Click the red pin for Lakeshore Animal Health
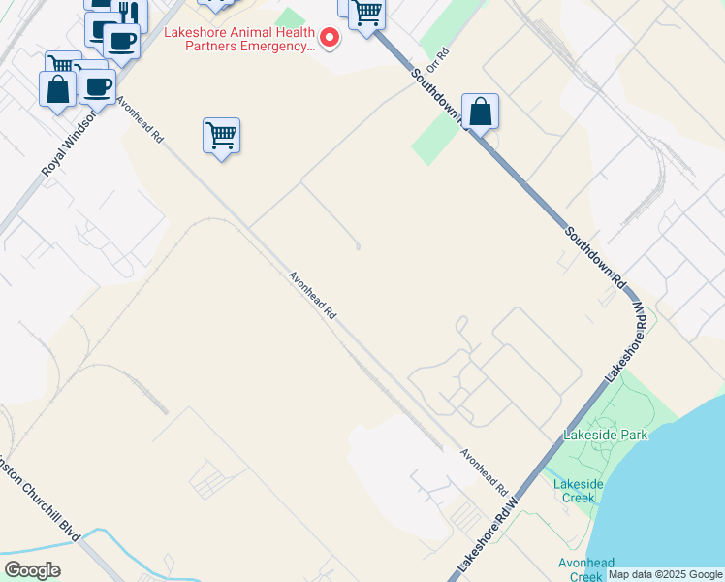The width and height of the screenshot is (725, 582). pos(330,38)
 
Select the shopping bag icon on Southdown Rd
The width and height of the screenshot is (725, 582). pos(480,112)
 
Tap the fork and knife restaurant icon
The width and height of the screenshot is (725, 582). pos(128,14)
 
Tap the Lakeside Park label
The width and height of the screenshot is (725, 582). pos(608,436)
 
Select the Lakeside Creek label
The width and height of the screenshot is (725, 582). pos(578,491)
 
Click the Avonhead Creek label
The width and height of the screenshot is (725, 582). pos(586,569)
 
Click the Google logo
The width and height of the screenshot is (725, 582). pos(32,570)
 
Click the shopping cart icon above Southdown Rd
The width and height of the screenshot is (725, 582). pos(366,13)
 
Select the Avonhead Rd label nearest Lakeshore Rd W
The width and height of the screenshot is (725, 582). pos(484,469)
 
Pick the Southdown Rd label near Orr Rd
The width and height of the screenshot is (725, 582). pos(439,97)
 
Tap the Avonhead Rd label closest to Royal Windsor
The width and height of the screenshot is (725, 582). pos(140,119)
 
